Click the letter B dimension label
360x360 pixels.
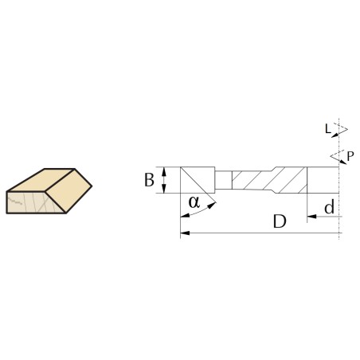pyautogui.click(x=149, y=180)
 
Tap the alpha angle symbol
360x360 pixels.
pyautogui.click(x=194, y=202)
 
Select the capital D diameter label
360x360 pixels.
pyautogui.click(x=280, y=221)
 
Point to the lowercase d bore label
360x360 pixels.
pyautogui.click(x=330, y=207)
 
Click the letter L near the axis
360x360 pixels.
pyautogui.click(x=328, y=129)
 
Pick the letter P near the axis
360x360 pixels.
pyautogui.click(x=350, y=156)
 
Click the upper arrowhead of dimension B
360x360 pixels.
pyautogui.click(x=164, y=171)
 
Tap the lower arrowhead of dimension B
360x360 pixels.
pyautogui.click(x=164, y=189)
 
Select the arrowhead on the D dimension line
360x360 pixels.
pyautogui.click(x=185, y=233)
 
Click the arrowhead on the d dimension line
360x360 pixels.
pyautogui.click(x=311, y=217)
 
